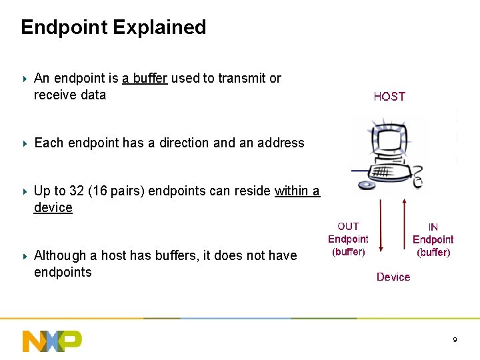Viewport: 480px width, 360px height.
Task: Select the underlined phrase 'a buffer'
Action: tap(145, 78)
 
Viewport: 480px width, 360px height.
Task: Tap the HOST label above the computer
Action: tap(389, 97)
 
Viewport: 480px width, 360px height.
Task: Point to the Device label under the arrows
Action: tap(393, 277)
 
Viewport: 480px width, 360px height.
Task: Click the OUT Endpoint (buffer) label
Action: tap(348, 239)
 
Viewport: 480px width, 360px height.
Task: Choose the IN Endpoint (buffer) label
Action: tap(433, 240)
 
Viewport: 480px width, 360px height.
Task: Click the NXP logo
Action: tap(52, 341)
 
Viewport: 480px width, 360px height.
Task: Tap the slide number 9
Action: tap(455, 340)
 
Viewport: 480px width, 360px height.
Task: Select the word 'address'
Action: tap(281, 143)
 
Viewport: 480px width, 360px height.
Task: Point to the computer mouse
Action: tap(417, 180)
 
